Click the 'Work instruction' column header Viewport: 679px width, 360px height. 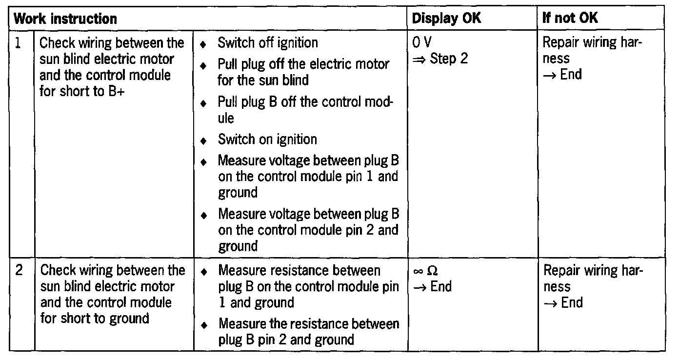tap(65, 19)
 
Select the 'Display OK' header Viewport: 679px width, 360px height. tap(446, 19)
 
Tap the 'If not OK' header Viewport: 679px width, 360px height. tap(570, 19)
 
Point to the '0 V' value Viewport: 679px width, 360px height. tap(422, 43)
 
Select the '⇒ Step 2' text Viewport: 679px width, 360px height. tap(440, 59)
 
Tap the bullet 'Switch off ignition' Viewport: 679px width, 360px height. tap(268, 43)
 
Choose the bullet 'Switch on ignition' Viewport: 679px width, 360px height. tap(267, 140)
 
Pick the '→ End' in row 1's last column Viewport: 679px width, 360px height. tap(562, 75)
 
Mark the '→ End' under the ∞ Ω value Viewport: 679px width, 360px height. tap(432, 287)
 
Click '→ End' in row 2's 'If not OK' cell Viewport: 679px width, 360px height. tap(563, 302)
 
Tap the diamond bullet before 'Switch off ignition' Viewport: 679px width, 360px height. tap(203, 44)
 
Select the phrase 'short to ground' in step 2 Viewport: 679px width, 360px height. tap(104, 319)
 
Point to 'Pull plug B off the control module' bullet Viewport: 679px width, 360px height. tap(305, 110)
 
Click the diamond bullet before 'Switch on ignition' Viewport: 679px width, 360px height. tap(203, 140)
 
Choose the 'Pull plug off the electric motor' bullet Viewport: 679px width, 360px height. tap(303, 71)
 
